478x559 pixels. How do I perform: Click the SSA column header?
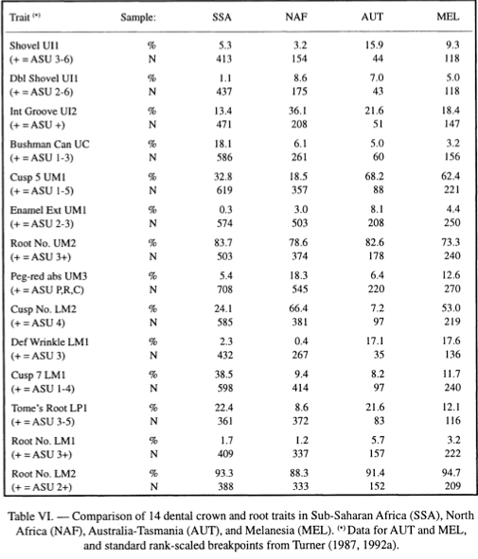[221, 17]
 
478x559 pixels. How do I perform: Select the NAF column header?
[296, 17]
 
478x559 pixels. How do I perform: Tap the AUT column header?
[372, 17]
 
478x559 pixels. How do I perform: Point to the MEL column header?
[448, 17]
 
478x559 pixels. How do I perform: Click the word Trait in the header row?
[20, 17]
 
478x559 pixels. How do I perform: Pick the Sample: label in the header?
[138, 17]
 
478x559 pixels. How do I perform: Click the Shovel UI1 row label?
[34, 45]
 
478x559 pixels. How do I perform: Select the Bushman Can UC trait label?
[49, 144]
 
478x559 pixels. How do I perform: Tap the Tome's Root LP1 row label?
[49, 408]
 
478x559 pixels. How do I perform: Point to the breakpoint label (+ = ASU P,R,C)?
[47, 290]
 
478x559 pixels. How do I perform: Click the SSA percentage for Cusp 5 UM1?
[223, 177]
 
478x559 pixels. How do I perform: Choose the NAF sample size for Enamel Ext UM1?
[299, 223]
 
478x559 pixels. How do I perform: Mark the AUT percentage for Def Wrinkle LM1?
[375, 341]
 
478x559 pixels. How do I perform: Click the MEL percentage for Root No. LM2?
[451, 473]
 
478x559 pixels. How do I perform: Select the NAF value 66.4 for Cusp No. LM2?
[298, 308]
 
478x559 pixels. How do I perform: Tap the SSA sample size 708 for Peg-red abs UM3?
[224, 289]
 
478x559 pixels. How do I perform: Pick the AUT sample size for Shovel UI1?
[378, 59]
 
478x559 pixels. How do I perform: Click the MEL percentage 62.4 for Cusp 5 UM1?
[451, 176]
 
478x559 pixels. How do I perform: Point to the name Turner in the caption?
[310, 546]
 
